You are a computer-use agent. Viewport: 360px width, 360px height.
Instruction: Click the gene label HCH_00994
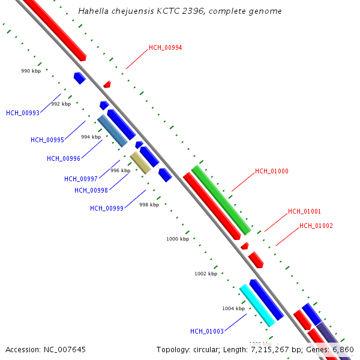[166, 47]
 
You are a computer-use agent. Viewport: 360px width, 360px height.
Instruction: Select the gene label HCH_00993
[23, 113]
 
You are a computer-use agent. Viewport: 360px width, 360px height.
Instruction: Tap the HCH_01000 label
[272, 171]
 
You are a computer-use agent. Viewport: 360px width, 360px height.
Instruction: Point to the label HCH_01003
[207, 331]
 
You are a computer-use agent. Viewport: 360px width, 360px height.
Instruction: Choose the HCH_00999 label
[107, 208]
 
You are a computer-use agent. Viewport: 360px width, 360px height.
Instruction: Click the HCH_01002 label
[316, 226]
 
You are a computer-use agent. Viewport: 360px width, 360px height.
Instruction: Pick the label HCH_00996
[64, 158]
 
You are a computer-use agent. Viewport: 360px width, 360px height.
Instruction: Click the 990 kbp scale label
[31, 71]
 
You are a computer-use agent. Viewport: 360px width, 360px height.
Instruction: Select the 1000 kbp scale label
[178, 239]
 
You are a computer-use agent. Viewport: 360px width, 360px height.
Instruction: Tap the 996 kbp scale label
[120, 170]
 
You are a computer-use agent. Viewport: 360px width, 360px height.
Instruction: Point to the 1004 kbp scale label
[233, 308]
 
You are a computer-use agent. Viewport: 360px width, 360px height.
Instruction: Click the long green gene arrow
[221, 200]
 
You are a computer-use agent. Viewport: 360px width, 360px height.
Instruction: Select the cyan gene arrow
[257, 305]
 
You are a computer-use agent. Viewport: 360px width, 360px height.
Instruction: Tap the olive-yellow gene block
[140, 163]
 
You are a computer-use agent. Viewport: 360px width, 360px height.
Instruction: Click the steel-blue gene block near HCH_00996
[112, 131]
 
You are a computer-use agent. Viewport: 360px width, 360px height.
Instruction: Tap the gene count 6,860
[343, 349]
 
